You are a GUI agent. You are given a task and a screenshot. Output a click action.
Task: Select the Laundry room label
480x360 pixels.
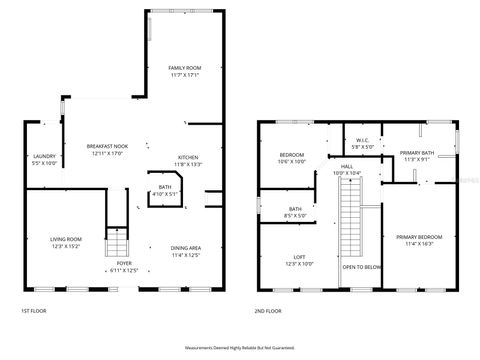[44, 159]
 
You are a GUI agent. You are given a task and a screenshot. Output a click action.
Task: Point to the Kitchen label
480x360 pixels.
[188, 160]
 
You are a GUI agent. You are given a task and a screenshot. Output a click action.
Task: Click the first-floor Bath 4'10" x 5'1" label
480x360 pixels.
[164, 190]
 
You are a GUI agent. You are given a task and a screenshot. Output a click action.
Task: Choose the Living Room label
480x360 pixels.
[66, 242]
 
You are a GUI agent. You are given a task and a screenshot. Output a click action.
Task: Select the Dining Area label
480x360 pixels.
[186, 251]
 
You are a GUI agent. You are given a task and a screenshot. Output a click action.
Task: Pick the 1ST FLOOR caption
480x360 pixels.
[33, 312]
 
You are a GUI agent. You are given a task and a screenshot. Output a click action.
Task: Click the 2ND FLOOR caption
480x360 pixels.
[267, 312]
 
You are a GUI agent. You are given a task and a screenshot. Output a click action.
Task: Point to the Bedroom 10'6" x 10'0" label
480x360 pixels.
[291, 158]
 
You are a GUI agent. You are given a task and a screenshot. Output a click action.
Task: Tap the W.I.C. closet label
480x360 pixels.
[363, 142]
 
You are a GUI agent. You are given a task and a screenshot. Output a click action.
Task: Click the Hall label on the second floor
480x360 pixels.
[346, 170]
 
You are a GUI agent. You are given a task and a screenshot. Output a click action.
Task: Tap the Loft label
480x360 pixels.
[299, 261]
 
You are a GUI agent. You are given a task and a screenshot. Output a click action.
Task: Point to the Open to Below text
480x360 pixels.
[361, 267]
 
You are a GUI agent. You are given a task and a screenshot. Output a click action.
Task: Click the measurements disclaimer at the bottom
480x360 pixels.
[240, 347]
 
